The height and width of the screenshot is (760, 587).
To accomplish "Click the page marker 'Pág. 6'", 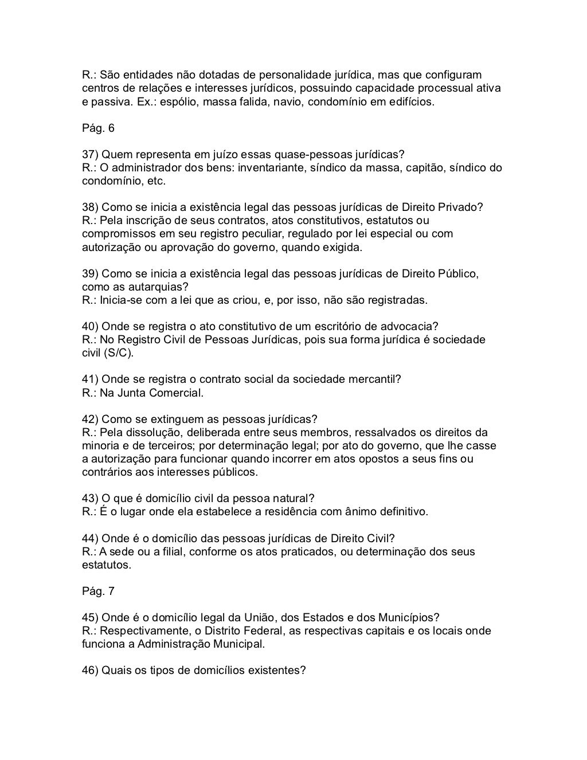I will (x=98, y=128).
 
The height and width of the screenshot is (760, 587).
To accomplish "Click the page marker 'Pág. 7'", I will (x=98, y=591).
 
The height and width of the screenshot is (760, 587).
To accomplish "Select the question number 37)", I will (x=90, y=155).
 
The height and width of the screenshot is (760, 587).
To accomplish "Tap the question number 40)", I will (x=90, y=327).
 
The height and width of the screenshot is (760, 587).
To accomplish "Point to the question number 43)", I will (x=90, y=498).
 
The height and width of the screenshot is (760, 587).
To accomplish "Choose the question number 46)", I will (x=90, y=670).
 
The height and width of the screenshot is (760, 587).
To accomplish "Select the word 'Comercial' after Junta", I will (x=176, y=393).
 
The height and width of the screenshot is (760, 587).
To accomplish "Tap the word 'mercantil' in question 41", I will (x=373, y=379).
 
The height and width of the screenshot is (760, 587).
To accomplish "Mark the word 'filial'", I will (x=170, y=552).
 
